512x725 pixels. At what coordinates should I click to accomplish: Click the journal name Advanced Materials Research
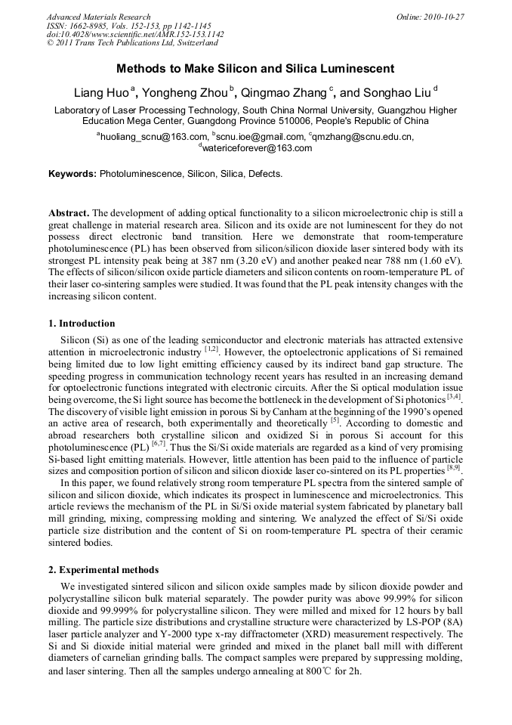coord(98,17)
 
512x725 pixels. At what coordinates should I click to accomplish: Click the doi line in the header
coord(135,35)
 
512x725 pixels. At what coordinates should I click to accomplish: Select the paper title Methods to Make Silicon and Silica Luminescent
coord(255,69)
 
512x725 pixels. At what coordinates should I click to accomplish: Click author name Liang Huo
coord(101,94)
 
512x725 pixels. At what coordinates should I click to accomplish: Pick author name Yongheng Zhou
coord(184,94)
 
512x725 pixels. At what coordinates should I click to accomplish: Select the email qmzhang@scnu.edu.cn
coord(363,137)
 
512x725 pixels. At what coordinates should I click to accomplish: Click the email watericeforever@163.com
coord(257,148)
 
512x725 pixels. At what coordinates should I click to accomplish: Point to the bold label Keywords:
coord(72,174)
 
